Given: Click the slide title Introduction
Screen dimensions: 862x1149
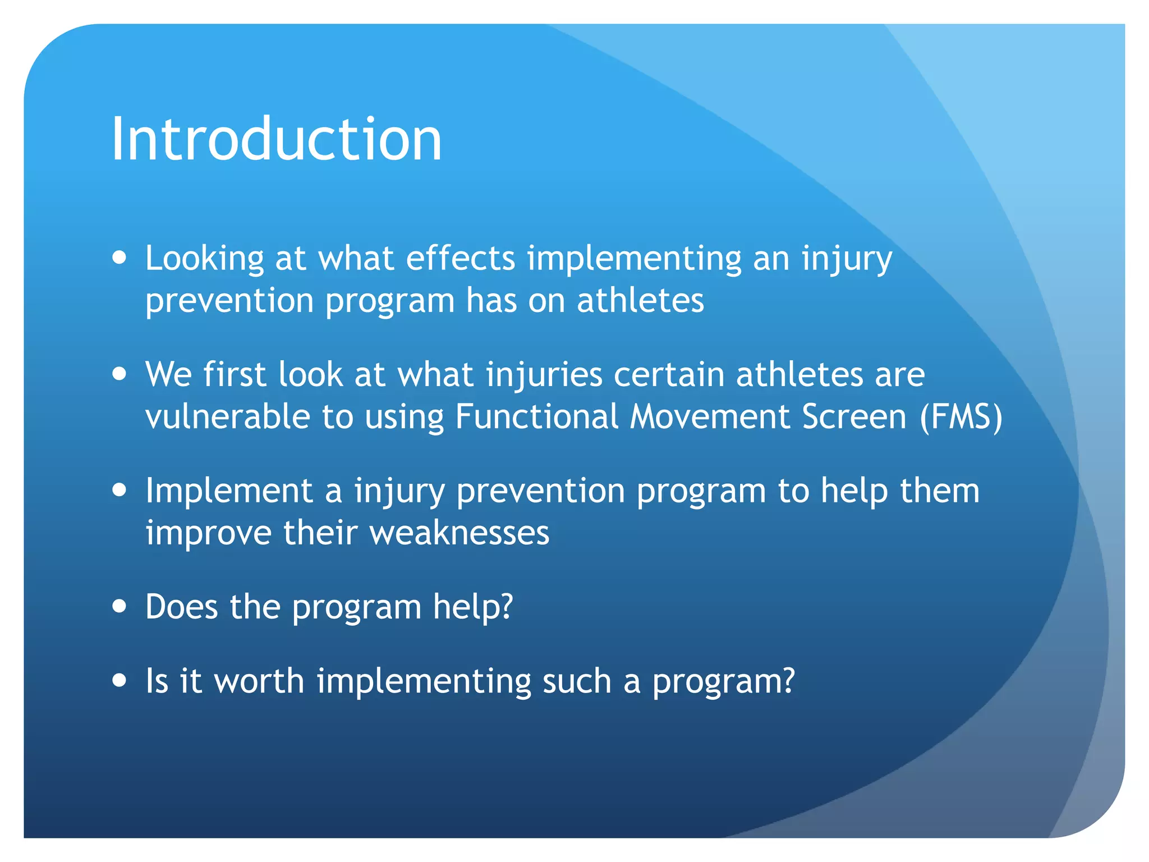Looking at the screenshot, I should [x=277, y=139].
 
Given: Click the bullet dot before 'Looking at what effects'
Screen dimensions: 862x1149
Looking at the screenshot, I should [x=119, y=258].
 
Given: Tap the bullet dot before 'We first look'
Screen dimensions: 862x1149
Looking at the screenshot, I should [x=119, y=374].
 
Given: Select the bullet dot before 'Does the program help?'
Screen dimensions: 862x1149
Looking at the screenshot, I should [x=119, y=607].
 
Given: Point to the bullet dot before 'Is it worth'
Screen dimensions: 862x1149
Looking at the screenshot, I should [x=119, y=681].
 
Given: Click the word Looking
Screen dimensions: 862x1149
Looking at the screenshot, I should [x=204, y=259].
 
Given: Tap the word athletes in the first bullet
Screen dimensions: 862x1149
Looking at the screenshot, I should [x=640, y=300].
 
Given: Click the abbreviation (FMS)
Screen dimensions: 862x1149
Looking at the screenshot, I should [x=960, y=417].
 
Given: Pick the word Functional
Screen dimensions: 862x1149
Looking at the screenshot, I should [x=536, y=417].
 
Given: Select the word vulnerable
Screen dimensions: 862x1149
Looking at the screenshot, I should [x=227, y=417].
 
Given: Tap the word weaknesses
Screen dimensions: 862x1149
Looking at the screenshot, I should [x=459, y=533].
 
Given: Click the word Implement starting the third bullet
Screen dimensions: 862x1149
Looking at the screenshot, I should [x=228, y=491].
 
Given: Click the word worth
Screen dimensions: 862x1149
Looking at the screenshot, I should [x=259, y=681].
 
